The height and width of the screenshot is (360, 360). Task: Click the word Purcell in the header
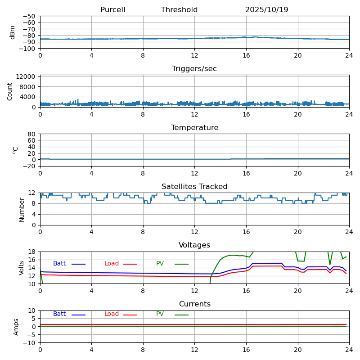(x=112, y=10)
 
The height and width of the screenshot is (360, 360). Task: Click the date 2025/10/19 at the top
(x=266, y=10)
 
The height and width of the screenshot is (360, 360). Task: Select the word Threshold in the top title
(x=179, y=10)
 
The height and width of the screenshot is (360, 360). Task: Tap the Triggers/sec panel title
(x=194, y=69)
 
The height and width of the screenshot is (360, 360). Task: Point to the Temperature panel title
(x=194, y=128)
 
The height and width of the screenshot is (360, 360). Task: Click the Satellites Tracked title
(x=194, y=187)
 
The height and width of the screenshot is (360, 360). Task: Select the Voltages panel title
(x=194, y=245)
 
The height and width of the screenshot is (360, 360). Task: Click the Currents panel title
(x=194, y=304)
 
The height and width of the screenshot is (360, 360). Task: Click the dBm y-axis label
(x=13, y=32)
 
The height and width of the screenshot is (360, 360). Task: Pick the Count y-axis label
(x=10, y=91)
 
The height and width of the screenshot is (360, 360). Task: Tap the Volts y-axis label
(x=22, y=268)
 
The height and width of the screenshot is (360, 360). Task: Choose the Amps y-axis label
(x=16, y=327)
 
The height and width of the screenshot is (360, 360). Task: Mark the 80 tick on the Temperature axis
(x=31, y=134)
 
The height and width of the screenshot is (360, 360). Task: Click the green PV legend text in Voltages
(x=160, y=264)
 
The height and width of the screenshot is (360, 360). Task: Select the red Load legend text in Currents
(x=112, y=314)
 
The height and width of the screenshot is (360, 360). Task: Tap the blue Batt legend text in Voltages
(x=59, y=264)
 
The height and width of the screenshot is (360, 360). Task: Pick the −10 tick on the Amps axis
(x=30, y=343)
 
